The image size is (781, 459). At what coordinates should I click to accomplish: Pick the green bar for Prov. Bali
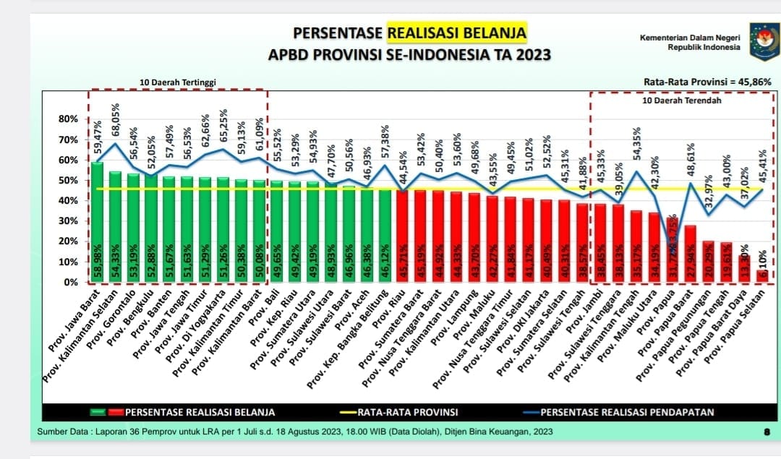click(276, 231)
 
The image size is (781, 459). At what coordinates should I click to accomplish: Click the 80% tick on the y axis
click(68, 119)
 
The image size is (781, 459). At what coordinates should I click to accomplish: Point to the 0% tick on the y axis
click(71, 282)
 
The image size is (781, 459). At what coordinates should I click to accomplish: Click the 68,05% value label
click(116, 121)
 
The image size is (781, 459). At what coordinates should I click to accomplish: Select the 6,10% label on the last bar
click(762, 258)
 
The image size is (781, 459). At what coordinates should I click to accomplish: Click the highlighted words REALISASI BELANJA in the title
click(457, 33)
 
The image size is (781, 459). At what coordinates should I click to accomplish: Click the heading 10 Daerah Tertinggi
click(177, 82)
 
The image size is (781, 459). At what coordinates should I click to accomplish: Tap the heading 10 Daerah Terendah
click(682, 100)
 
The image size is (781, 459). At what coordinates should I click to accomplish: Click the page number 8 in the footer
click(766, 432)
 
